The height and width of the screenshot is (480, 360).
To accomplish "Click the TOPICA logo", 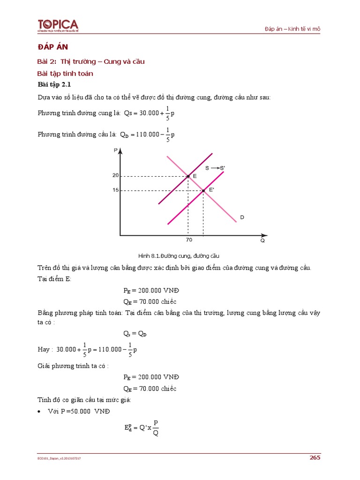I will pyautogui.click(x=58, y=26).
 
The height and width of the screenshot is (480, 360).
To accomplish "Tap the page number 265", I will pyautogui.click(x=315, y=457).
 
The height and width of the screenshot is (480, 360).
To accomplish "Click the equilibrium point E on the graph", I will pyautogui.click(x=188, y=176).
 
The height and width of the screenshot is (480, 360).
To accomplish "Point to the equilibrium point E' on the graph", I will pyautogui.click(x=203, y=190).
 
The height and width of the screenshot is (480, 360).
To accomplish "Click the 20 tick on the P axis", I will pyautogui.click(x=115, y=176).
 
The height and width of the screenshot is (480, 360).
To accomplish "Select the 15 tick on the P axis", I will pyautogui.click(x=115, y=190).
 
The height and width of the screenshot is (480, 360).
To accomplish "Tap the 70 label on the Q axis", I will pyautogui.click(x=188, y=240).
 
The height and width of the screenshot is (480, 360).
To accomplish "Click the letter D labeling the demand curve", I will pyautogui.click(x=242, y=217).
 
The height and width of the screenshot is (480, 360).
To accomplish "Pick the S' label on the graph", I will pyautogui.click(x=223, y=168).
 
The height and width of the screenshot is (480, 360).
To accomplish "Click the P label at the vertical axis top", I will pyautogui.click(x=115, y=150).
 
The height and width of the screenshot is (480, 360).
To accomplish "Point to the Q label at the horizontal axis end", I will pyautogui.click(x=262, y=240).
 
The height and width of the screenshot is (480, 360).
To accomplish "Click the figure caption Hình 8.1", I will pyautogui.click(x=179, y=256).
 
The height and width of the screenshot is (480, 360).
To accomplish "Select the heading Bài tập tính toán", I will pyautogui.click(x=65, y=73).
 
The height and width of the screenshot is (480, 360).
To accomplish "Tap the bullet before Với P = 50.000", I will pyautogui.click(x=39, y=411).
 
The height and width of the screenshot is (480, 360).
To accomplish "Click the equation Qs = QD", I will pyautogui.click(x=135, y=333).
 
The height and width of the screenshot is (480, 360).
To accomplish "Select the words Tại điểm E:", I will pyautogui.click(x=54, y=279).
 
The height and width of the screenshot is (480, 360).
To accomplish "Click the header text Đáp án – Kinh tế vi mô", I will pyautogui.click(x=292, y=29).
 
